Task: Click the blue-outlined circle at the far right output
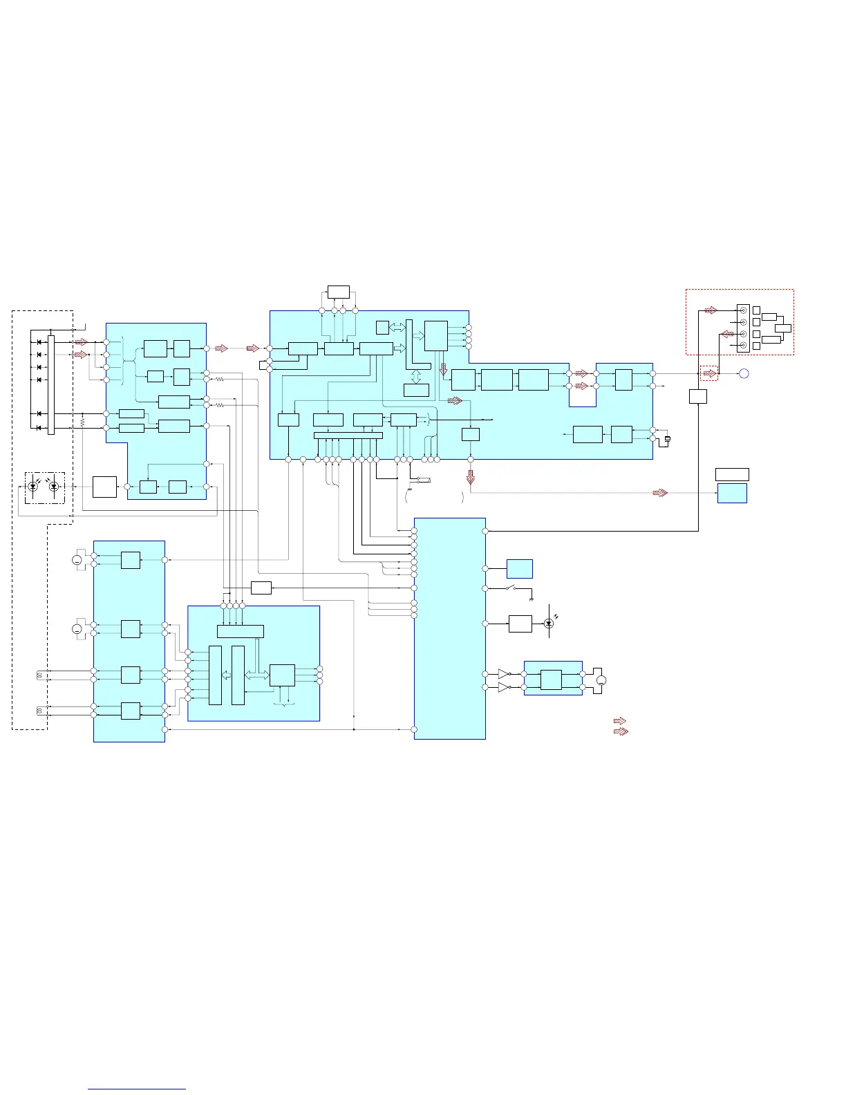[x=744, y=374]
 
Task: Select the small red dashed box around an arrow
[x=709, y=373]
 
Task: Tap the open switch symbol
[x=512, y=588]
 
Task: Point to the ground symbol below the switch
[x=531, y=598]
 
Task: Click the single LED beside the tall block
[x=549, y=624]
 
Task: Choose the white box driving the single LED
[x=520, y=624]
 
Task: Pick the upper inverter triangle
[x=504, y=673]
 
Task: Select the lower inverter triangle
[x=504, y=687]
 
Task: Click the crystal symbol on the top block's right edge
[x=667, y=439]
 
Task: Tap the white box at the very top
[x=338, y=292]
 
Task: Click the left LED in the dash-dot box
[x=32, y=487]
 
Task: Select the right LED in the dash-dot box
[x=54, y=487]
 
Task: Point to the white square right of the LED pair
[x=104, y=487]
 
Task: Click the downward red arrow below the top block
[x=471, y=478]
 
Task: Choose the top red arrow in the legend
[x=620, y=721]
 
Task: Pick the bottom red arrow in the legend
[x=621, y=731]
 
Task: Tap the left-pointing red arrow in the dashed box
[x=728, y=334]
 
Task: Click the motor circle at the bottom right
[x=601, y=681]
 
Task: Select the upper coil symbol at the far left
[x=39, y=675]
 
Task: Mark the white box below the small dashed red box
[x=698, y=396]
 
